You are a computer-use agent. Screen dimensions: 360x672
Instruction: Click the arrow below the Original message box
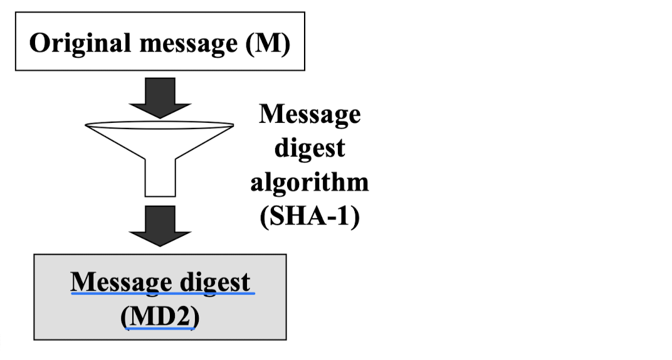[160, 97]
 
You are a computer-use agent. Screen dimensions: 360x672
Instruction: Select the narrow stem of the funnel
[160, 178]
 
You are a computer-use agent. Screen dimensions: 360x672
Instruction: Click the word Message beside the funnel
[310, 115]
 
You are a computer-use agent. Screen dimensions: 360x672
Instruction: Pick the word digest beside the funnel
[310, 149]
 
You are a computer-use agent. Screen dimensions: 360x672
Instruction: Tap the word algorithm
[310, 182]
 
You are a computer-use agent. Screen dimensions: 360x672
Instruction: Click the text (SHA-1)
[310, 217]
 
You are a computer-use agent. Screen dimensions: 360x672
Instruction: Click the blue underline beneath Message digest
[163, 293]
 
